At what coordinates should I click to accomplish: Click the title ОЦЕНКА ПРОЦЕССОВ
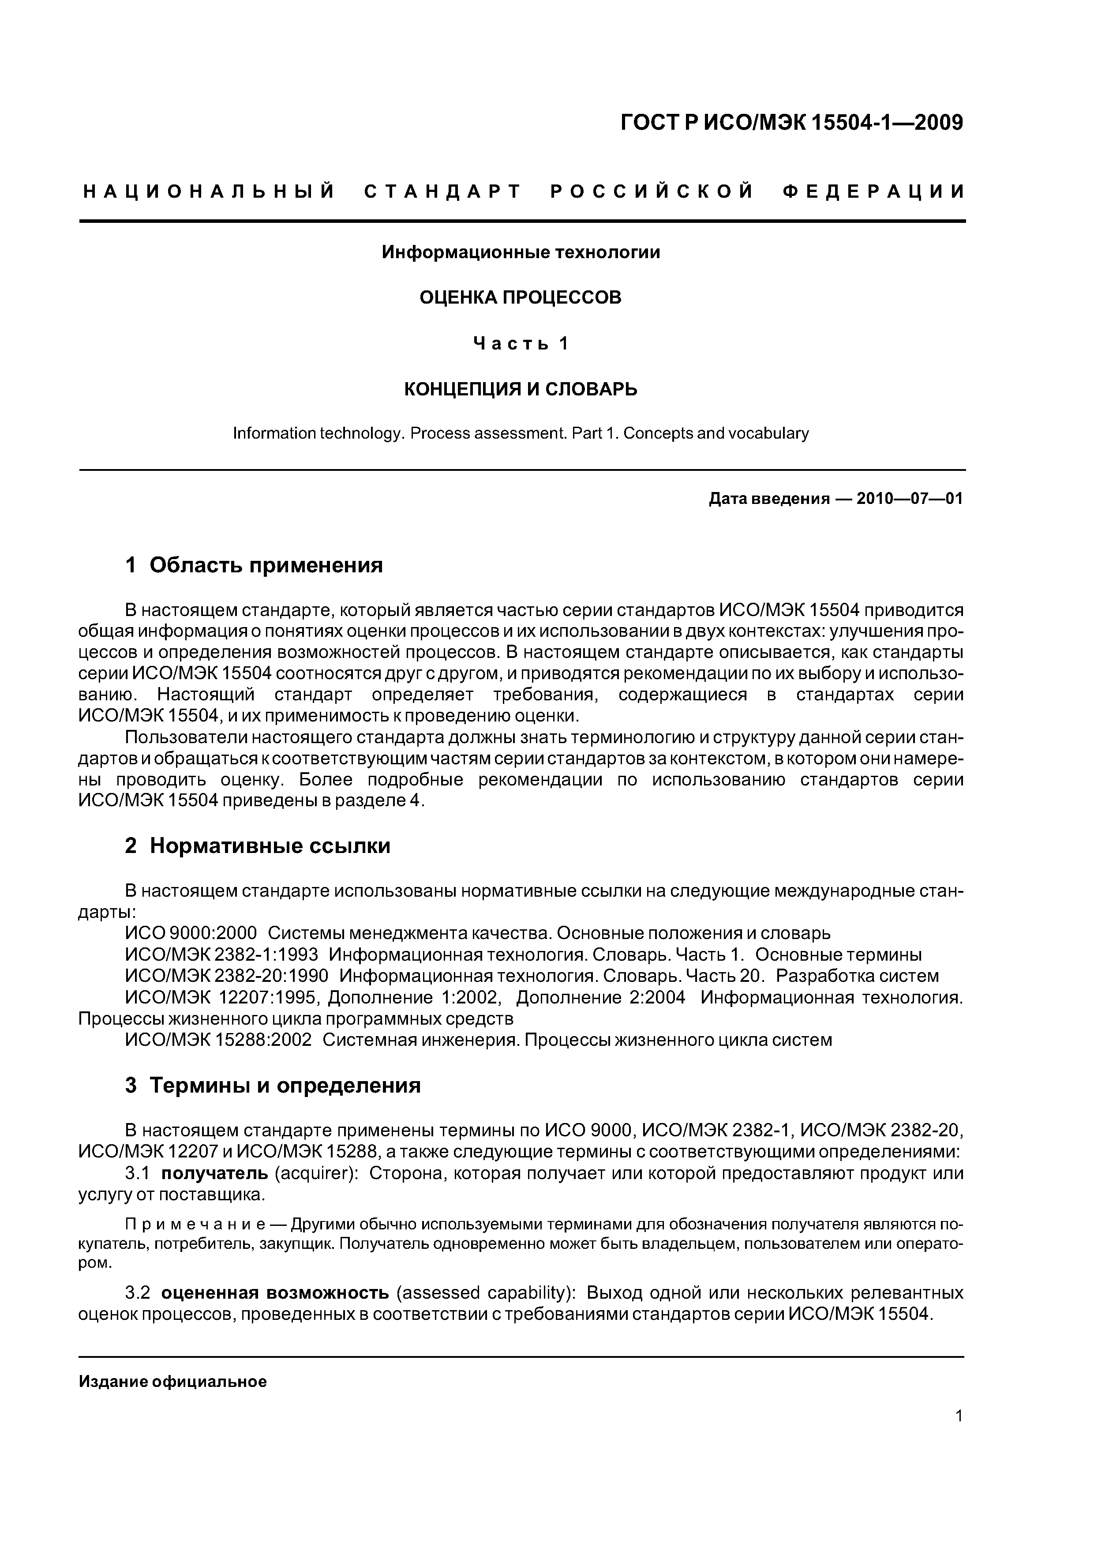coord(521,297)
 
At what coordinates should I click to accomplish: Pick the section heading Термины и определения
coord(285,1086)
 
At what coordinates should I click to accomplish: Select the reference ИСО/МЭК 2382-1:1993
coord(226,954)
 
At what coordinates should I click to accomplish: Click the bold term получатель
coord(214,1173)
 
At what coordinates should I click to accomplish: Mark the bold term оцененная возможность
coord(276,1293)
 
